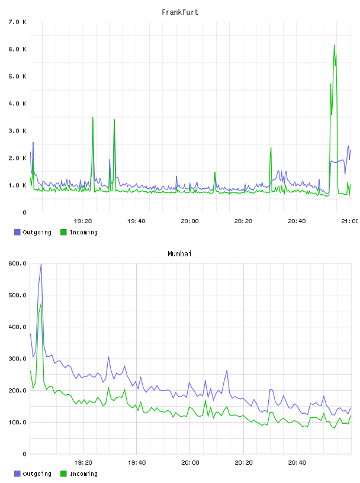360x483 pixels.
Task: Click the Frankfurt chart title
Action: pyautogui.click(x=180, y=12)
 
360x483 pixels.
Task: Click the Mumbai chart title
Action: pyautogui.click(x=179, y=254)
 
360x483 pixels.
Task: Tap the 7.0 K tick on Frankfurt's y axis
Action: pyautogui.click(x=18, y=22)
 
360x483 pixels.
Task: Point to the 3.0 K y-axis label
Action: pyautogui.click(x=18, y=131)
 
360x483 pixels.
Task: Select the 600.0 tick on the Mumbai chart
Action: pyautogui.click(x=18, y=263)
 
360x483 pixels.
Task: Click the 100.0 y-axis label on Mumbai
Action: pyautogui.click(x=18, y=422)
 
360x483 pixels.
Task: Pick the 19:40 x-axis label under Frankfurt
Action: pyautogui.click(x=136, y=221)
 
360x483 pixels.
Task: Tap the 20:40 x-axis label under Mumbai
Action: pyautogui.click(x=297, y=463)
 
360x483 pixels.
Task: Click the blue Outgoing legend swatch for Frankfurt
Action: pyautogui.click(x=17, y=232)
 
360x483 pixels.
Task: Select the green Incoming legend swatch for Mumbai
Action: pyautogui.click(x=63, y=474)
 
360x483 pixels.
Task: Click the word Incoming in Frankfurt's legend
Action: pyautogui.click(x=83, y=233)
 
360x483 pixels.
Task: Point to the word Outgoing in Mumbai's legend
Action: pyautogui.click(x=37, y=474)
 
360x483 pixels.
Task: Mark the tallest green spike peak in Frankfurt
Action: pyautogui.click(x=334, y=45)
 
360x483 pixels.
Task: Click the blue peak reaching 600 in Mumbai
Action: pyautogui.click(x=41, y=265)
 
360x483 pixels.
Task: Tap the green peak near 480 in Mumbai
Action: pyautogui.click(x=41, y=302)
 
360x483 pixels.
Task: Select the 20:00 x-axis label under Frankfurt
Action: pyautogui.click(x=189, y=221)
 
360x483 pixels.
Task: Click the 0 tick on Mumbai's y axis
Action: pyautogui.click(x=24, y=454)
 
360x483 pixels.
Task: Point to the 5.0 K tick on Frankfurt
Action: pyautogui.click(x=18, y=76)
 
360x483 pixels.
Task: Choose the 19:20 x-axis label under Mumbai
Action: pyautogui.click(x=83, y=463)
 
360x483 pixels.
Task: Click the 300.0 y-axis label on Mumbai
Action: pyautogui.click(x=18, y=359)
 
